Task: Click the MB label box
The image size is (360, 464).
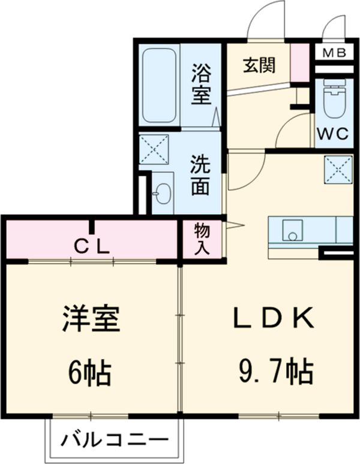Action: click(334, 53)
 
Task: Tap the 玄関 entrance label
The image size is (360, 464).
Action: click(259, 65)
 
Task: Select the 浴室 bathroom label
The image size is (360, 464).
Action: click(202, 85)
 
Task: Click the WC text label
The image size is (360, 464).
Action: click(333, 134)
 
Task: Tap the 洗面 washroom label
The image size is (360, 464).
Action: click(200, 176)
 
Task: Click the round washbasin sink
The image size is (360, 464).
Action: click(163, 193)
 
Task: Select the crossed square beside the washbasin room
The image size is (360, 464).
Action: click(154, 149)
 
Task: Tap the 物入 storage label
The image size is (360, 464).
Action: click(202, 239)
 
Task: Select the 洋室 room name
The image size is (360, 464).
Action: click(91, 319)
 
